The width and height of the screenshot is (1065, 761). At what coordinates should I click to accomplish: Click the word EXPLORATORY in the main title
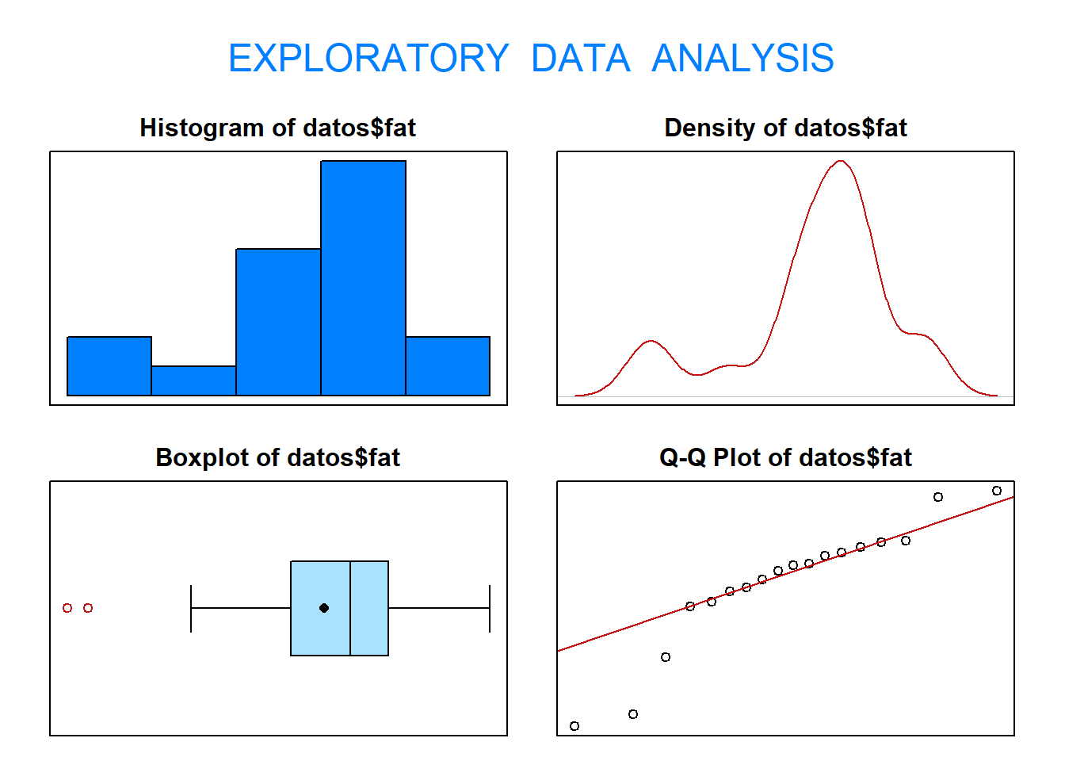point(368,58)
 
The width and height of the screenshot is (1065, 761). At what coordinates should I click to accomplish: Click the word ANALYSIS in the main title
point(742,58)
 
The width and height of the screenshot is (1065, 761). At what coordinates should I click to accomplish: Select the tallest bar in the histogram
point(363,277)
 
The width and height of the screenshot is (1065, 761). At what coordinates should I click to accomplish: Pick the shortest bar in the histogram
point(193,380)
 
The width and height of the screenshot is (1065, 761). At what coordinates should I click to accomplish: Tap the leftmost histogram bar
point(109,365)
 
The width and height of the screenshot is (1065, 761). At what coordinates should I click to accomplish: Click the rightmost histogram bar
point(448,365)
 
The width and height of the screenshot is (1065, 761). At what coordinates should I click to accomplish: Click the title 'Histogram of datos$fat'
point(277,128)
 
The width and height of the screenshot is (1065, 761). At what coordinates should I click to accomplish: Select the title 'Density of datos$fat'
point(785,128)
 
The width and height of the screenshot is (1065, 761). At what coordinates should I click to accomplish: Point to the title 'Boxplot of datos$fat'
point(277,457)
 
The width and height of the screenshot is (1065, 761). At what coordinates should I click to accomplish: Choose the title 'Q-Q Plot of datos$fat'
point(785,457)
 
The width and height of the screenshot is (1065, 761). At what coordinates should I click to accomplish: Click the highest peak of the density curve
point(841,161)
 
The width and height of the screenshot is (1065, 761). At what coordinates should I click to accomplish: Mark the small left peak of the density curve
point(650,341)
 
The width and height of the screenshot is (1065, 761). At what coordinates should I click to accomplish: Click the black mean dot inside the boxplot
point(324,608)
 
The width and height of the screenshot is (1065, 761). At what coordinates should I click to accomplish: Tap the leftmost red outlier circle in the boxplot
point(67,608)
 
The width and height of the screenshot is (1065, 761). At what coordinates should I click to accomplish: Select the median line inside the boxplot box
point(350,608)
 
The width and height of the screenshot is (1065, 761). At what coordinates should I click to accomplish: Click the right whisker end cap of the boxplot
point(490,608)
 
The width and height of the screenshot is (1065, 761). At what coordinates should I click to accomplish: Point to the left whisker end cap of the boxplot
point(191,608)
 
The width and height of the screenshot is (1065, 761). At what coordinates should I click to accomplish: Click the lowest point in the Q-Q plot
point(574,726)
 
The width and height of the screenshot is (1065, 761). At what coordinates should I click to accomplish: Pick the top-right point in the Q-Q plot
point(997,491)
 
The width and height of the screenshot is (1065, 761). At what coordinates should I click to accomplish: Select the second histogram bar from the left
point(193,380)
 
